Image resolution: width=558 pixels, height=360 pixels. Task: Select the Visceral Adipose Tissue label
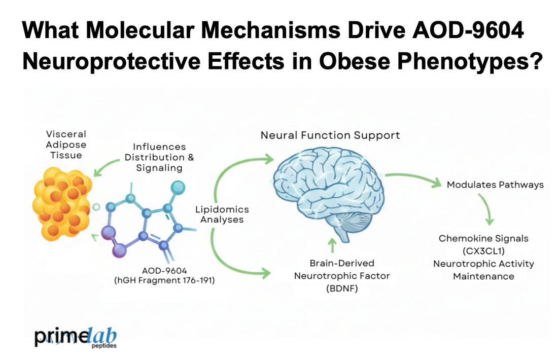(x=66, y=145)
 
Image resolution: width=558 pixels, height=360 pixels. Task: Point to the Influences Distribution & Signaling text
(x=159, y=157)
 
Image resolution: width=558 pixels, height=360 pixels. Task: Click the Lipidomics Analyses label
(x=222, y=214)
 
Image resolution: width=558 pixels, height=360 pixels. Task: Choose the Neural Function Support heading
(x=330, y=135)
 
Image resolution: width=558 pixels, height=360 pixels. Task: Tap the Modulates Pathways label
(x=495, y=185)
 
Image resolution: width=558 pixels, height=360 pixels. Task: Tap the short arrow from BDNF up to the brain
(x=332, y=245)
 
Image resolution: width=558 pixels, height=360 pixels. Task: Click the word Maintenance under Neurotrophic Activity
(x=483, y=276)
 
